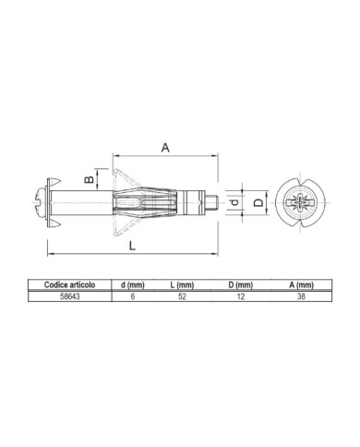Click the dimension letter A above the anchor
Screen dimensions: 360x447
pyautogui.click(x=165, y=148)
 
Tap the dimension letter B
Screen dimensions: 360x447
pyautogui.click(x=90, y=179)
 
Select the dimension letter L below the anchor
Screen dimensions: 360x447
pyautogui.click(x=132, y=246)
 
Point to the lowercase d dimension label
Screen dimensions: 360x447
pyautogui.click(x=234, y=202)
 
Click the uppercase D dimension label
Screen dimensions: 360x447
pyautogui.click(x=258, y=202)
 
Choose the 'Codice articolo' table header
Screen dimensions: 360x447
pyautogui.click(x=69, y=284)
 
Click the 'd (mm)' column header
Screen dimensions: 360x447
pyautogui.click(x=133, y=285)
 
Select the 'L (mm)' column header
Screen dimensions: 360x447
pyautogui.click(x=182, y=285)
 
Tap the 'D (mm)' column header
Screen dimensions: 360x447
pyautogui.click(x=241, y=285)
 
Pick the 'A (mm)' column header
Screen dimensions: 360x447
pyautogui.click(x=301, y=285)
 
